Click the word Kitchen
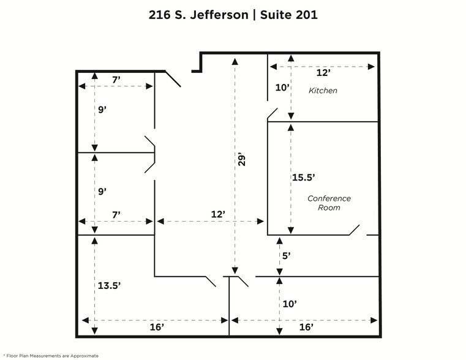[x=323, y=91]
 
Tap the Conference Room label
[x=329, y=203]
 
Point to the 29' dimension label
[x=242, y=160]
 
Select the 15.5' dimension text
[x=304, y=178]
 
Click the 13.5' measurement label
[x=109, y=285]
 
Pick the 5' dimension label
[x=286, y=256]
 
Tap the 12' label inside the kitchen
[x=323, y=73]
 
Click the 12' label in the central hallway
[x=218, y=214]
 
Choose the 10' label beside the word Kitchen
[x=282, y=88]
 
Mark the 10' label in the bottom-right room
[x=290, y=304]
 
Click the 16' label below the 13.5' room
[x=157, y=327]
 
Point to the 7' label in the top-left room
[x=116, y=80]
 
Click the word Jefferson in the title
[x=219, y=15]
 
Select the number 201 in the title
[x=307, y=15]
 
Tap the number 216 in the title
[x=160, y=15]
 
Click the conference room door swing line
[x=355, y=230]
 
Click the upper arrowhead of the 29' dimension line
[x=235, y=61]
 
